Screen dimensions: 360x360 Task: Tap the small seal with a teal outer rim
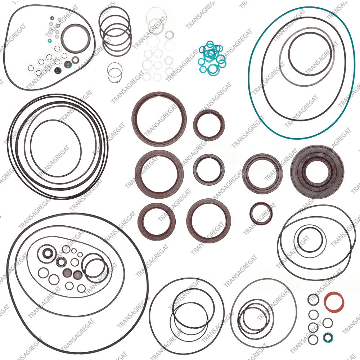[328, 338]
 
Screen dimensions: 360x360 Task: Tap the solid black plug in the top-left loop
[58, 71]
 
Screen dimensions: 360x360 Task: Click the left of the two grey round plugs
[67, 273]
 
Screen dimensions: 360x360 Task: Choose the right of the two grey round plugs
[78, 275]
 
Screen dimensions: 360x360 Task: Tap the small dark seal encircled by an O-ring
[48, 254]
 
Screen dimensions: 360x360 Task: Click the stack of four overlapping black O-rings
[115, 31]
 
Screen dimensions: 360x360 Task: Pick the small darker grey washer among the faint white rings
[169, 35]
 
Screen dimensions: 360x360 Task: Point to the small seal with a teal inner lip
[68, 64]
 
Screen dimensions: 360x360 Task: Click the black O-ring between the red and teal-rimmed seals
[328, 323]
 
